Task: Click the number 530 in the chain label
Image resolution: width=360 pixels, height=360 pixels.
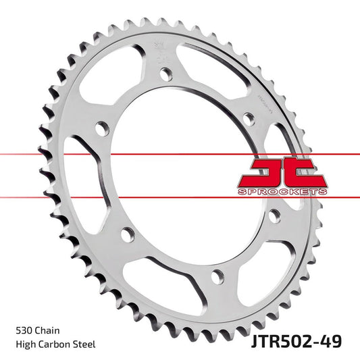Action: click(x=24, y=332)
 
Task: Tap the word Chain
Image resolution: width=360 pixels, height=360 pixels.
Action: click(x=48, y=332)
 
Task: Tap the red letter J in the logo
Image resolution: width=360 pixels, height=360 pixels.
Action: click(x=263, y=172)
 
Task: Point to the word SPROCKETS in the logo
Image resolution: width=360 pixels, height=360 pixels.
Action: click(x=283, y=192)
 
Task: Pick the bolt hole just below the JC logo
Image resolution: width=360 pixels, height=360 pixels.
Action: click(x=274, y=215)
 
